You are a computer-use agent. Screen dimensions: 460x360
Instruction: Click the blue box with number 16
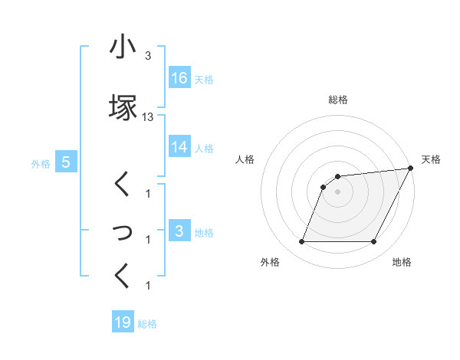click(179, 78)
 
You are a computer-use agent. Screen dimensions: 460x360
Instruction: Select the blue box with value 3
click(179, 231)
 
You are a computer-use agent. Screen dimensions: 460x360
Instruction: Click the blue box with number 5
click(66, 162)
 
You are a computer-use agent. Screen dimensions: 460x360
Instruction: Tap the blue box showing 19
click(123, 322)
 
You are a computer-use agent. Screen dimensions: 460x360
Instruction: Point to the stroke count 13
click(148, 117)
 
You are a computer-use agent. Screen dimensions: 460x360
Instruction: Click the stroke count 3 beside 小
click(148, 56)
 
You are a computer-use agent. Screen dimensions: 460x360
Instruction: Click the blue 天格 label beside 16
click(203, 79)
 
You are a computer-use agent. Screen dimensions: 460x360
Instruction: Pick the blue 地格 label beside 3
click(203, 231)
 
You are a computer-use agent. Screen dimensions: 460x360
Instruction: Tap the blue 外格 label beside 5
click(41, 162)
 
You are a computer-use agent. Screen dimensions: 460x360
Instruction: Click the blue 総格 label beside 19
click(147, 323)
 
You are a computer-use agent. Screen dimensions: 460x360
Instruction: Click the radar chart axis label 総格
click(338, 100)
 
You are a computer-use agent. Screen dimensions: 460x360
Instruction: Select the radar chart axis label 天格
click(431, 159)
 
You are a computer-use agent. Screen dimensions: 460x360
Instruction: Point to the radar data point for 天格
click(411, 169)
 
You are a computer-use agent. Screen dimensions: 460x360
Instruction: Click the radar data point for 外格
click(301, 242)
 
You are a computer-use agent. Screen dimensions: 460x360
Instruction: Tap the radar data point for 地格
click(374, 242)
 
